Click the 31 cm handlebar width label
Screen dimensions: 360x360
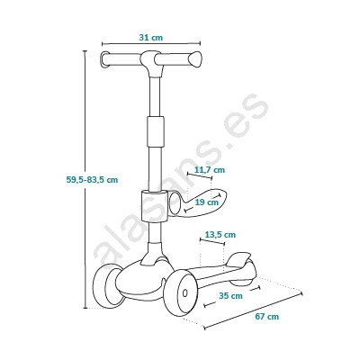point(151,38)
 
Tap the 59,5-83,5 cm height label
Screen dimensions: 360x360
point(92,180)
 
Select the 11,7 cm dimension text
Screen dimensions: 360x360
point(210,170)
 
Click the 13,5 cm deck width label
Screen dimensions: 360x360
point(220,234)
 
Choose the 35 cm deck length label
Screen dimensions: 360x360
point(230,296)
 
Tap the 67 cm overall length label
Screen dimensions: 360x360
point(267,316)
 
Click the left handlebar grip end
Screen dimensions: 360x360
point(104,60)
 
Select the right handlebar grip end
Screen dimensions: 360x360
point(196,59)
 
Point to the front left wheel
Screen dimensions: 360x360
point(108,286)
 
